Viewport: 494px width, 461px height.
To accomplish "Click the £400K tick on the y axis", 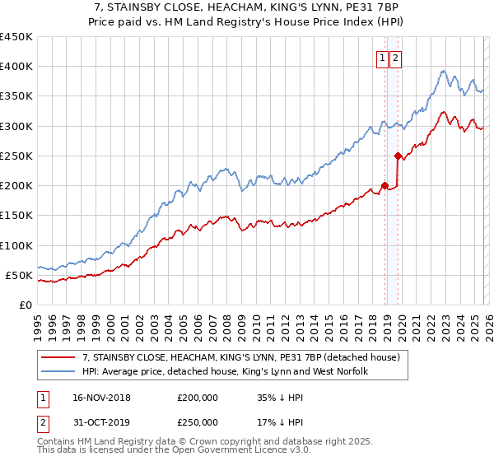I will point(16,67).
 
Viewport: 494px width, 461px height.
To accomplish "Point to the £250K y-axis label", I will point(16,156).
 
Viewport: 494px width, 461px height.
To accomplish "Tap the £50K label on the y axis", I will point(19,275).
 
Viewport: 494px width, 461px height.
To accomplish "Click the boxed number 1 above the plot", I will point(384,58).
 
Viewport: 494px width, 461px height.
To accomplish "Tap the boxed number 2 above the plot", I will point(396,58).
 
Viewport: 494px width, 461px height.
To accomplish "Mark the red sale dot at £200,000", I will point(384,185).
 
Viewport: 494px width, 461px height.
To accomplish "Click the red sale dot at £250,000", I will point(398,156).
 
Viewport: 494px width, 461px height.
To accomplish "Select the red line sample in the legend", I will point(59,357).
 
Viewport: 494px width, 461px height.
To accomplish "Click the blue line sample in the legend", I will point(59,371).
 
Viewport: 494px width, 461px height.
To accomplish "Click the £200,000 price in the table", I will point(198,397).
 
